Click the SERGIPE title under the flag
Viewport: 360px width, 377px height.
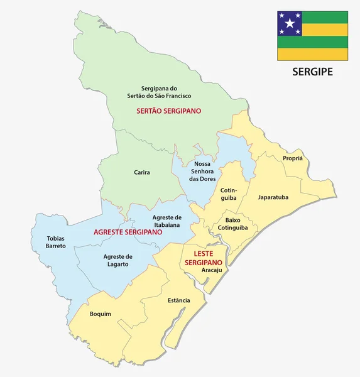[312, 72]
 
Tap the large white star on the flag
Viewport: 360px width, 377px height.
[290, 24]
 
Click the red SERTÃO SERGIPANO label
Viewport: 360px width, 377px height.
[168, 111]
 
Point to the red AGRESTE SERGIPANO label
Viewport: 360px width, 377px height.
[128, 232]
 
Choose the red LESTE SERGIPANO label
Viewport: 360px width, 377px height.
[203, 258]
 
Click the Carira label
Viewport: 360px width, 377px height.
[142, 172]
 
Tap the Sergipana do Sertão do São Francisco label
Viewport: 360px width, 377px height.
[166, 92]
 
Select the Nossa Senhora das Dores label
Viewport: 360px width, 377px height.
[202, 171]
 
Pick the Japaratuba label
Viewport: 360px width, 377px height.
[273, 197]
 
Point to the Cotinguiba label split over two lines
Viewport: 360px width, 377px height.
[228, 194]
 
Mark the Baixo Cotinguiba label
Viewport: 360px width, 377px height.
[232, 224]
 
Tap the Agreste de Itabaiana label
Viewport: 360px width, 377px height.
[166, 221]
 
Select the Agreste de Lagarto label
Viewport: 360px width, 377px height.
[118, 260]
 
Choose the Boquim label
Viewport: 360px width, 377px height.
[100, 314]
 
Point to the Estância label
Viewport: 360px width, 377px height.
[179, 300]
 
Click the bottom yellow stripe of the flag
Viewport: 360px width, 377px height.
[312, 55]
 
